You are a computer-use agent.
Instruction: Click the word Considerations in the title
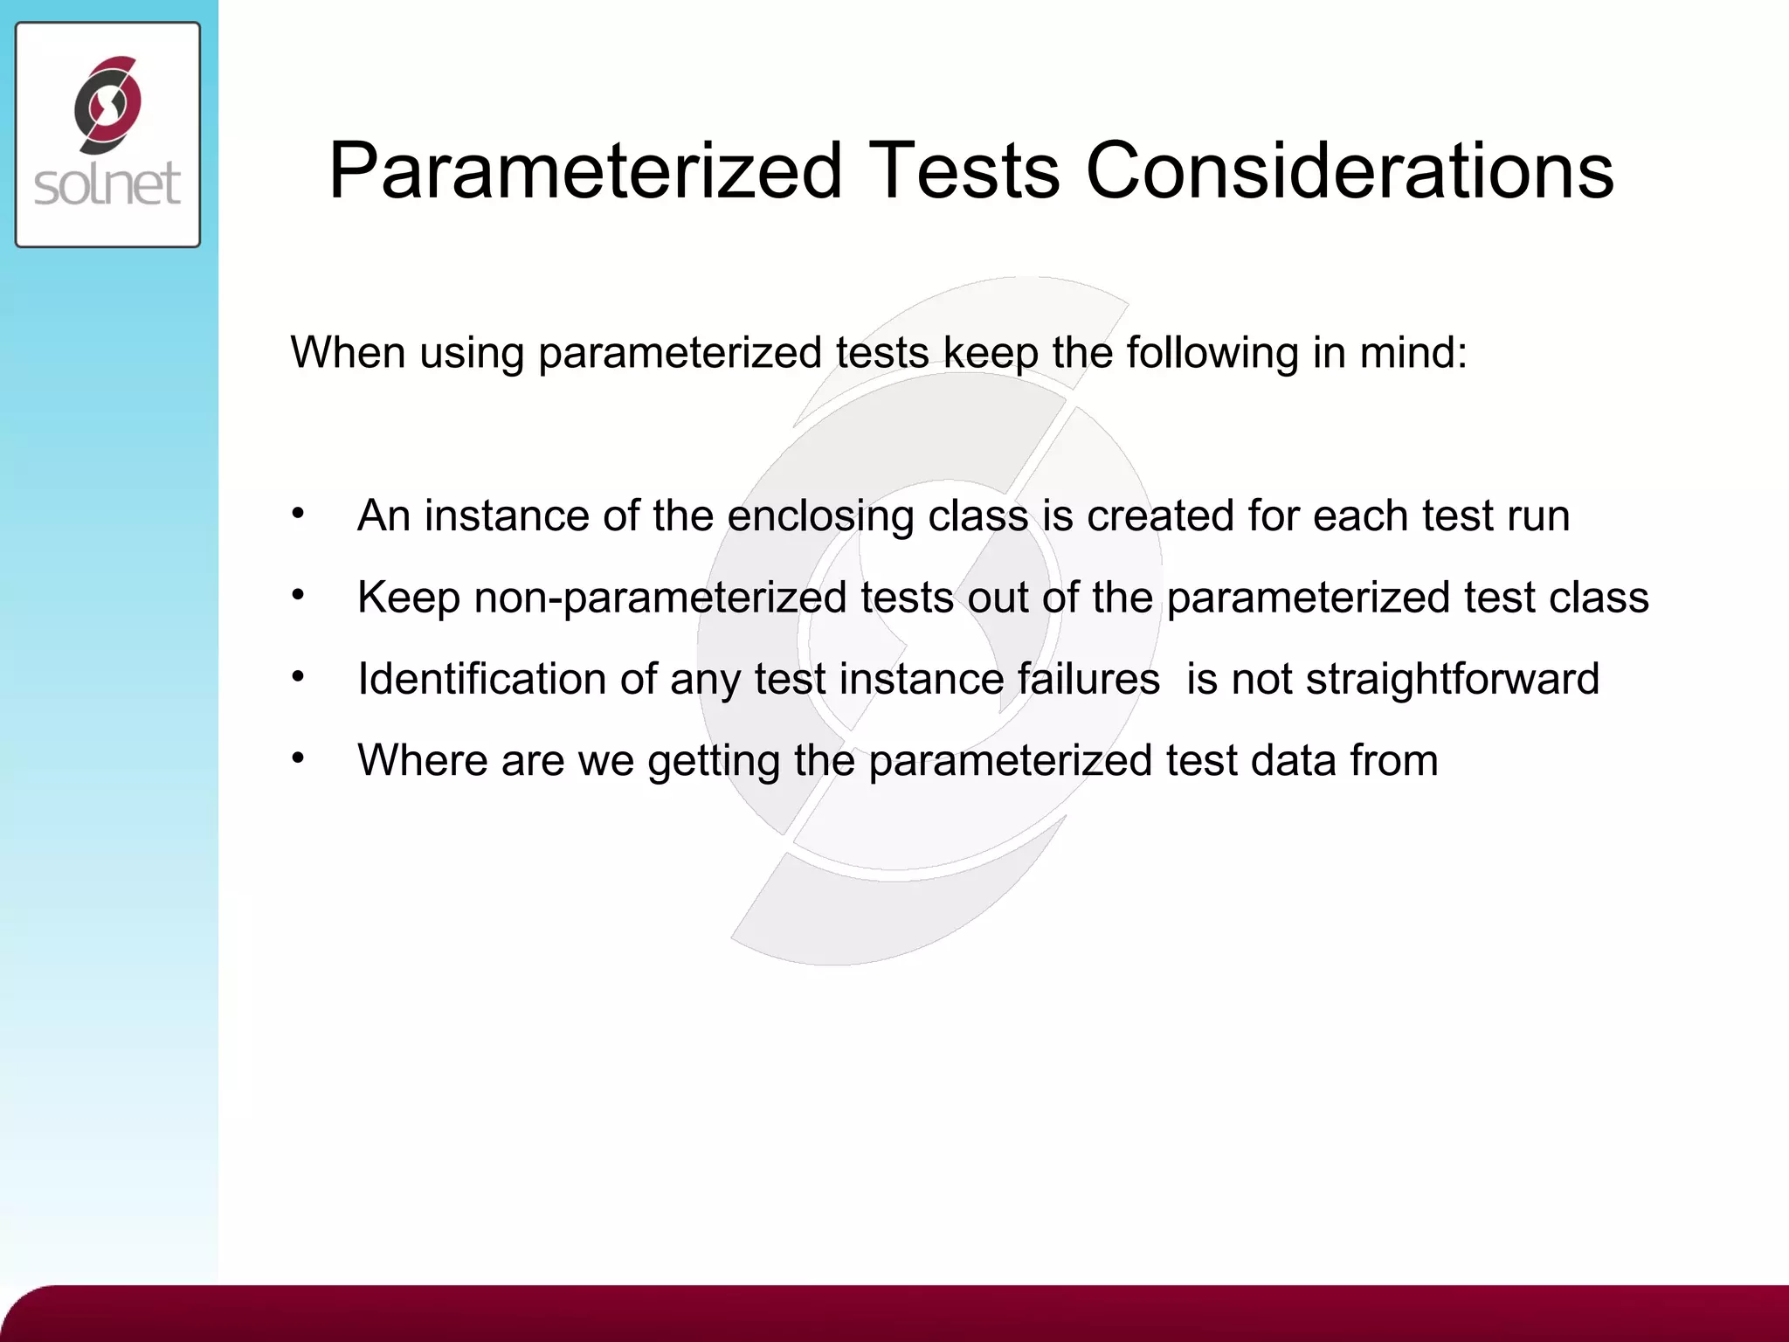(x=1350, y=170)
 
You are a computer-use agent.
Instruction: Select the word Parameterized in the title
(x=585, y=170)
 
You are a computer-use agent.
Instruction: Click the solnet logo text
(x=107, y=184)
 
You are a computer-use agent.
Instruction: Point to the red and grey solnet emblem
(x=107, y=104)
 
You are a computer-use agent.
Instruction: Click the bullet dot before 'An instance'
(x=298, y=514)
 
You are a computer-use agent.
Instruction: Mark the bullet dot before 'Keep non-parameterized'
(x=298, y=595)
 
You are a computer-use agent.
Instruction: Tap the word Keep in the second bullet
(x=408, y=598)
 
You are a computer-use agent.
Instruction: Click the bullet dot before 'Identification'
(x=298, y=676)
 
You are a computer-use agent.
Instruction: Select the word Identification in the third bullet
(x=481, y=679)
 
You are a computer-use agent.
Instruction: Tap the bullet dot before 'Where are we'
(x=298, y=757)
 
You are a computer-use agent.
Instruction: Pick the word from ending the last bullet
(x=1393, y=760)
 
